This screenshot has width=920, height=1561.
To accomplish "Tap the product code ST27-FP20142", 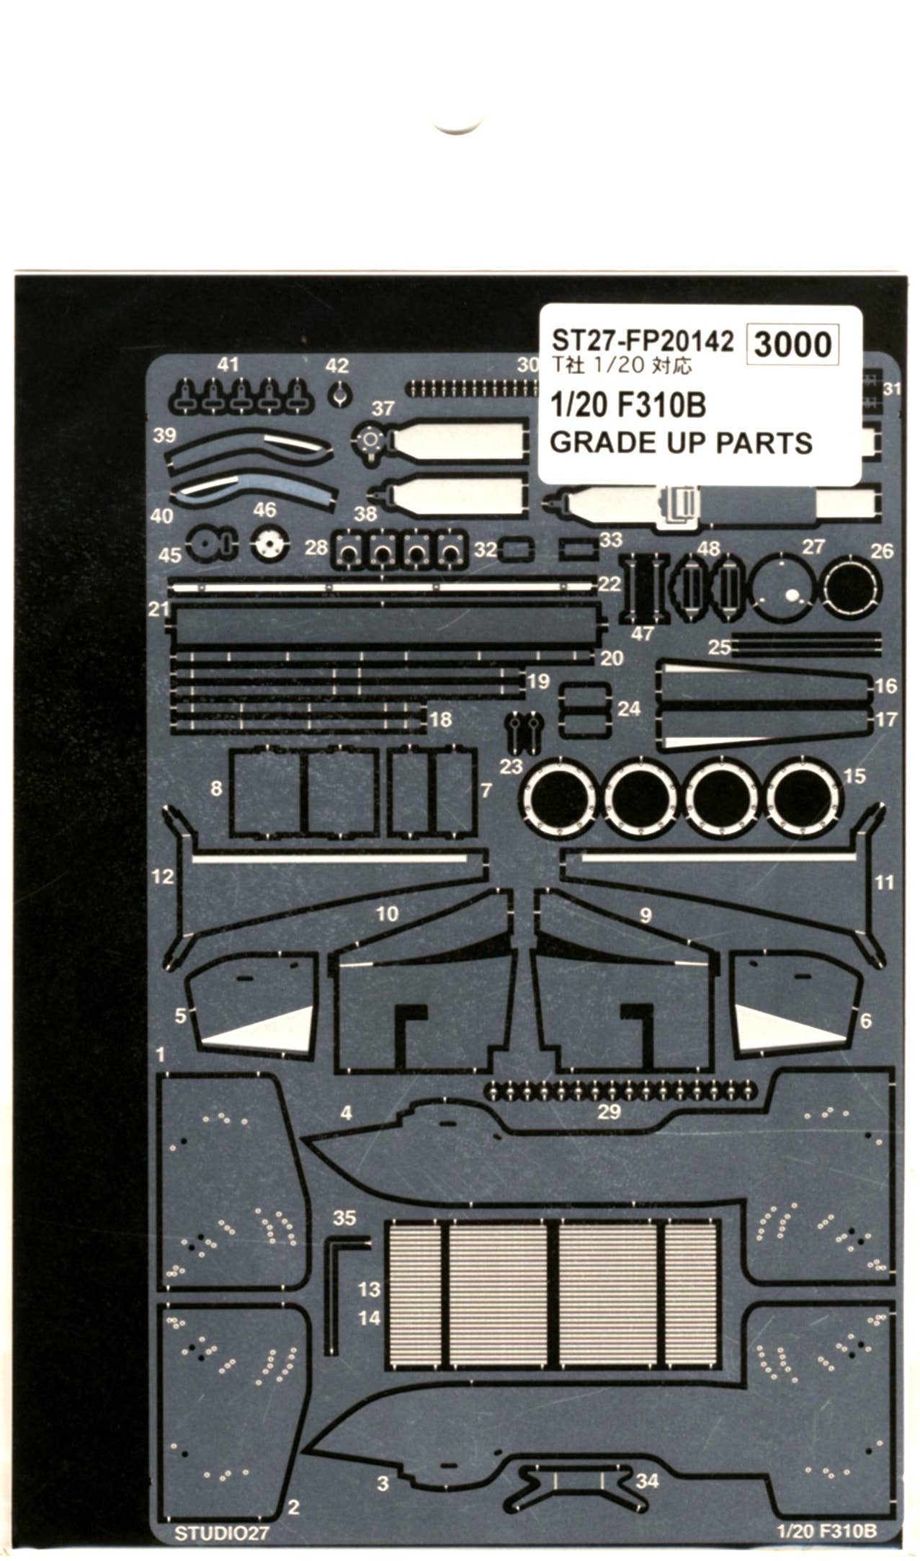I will pyautogui.click(x=642, y=340).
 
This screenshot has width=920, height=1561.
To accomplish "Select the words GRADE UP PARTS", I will pyautogui.click(x=681, y=442).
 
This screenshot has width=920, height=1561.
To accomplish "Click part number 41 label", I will pyautogui.click(x=228, y=365).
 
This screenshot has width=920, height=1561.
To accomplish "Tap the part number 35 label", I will pyautogui.click(x=344, y=1217).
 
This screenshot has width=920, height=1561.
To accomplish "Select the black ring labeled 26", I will pyautogui.click(x=852, y=589).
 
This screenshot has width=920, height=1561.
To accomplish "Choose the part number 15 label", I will pyautogui.click(x=854, y=776).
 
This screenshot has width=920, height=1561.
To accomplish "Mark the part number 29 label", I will pyautogui.click(x=609, y=1111).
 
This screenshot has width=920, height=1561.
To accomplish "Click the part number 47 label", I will pyautogui.click(x=641, y=633).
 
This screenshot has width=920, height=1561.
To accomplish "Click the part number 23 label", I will pyautogui.click(x=510, y=765).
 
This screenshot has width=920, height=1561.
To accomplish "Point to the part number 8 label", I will pyautogui.click(x=216, y=788).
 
